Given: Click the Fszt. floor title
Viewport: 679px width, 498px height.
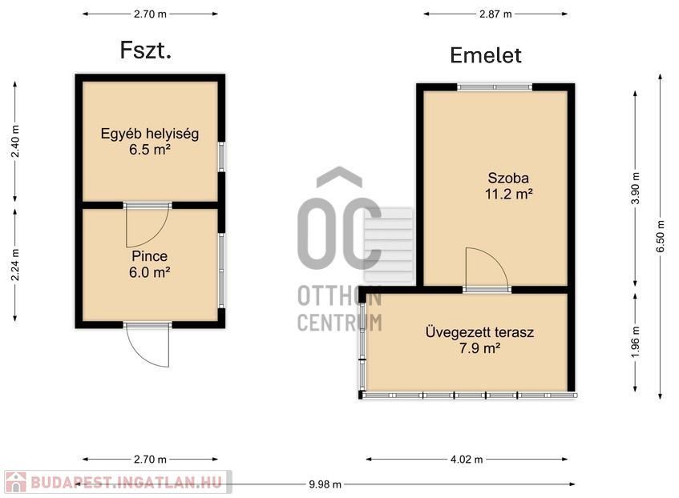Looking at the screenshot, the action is click(x=146, y=50).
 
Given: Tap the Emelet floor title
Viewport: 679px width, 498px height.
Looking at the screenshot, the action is click(x=486, y=55).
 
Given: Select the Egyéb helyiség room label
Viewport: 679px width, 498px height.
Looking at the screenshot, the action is click(x=150, y=133).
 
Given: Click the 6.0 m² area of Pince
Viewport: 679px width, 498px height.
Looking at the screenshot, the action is click(x=149, y=272).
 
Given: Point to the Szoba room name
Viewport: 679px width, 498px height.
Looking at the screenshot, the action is click(x=508, y=178).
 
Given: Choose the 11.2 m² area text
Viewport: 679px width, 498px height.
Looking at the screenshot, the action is click(x=508, y=194).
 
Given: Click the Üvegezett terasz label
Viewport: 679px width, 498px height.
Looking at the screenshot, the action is click(x=479, y=332).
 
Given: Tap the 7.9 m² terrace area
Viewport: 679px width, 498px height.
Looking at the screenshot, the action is click(x=480, y=347).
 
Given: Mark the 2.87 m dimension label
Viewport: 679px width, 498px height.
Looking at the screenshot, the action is click(x=495, y=14).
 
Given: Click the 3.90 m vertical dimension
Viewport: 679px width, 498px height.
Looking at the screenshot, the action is click(x=635, y=188).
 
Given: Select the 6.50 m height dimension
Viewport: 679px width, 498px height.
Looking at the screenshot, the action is click(x=661, y=237).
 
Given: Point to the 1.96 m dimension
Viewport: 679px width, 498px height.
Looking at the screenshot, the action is click(x=635, y=342).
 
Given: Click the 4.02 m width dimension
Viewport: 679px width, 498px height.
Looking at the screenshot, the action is click(x=467, y=460).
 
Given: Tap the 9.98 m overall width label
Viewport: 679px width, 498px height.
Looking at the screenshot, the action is click(x=325, y=484).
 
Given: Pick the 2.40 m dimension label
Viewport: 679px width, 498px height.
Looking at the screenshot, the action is click(x=15, y=142).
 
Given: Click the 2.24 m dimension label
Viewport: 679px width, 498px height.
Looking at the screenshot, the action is click(x=15, y=265).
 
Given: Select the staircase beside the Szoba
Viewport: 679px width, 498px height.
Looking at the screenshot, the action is click(x=389, y=245).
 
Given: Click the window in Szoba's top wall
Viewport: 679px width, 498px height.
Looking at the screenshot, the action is click(x=495, y=87).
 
